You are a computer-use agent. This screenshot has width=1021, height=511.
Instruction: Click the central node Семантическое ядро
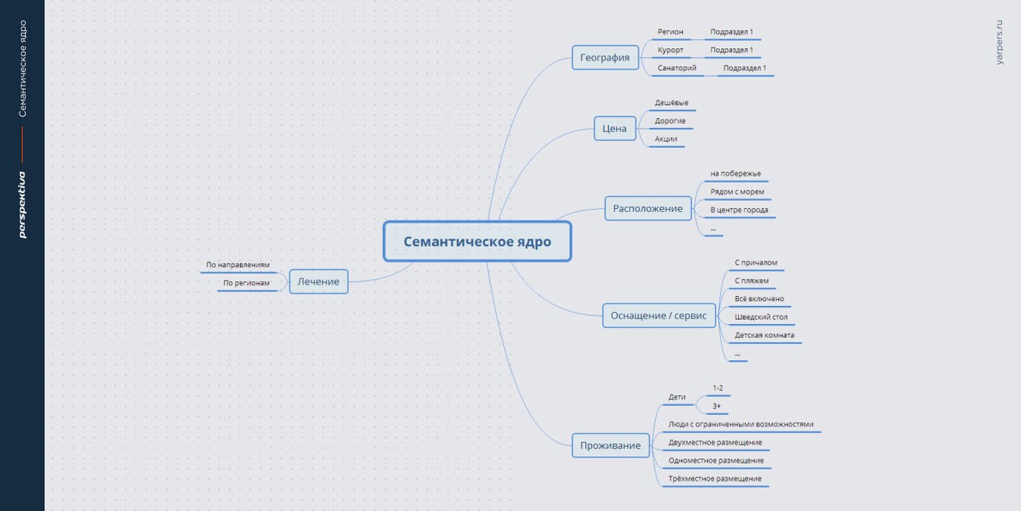point(477,242)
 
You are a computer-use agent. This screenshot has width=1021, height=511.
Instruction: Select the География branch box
point(605,57)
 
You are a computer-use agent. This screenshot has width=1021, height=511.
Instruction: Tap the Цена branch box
point(614,128)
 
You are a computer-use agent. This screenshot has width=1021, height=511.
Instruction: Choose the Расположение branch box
point(648,208)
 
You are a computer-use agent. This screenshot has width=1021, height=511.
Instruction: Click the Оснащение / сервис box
point(658,315)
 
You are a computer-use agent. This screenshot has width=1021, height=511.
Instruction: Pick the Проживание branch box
point(610,445)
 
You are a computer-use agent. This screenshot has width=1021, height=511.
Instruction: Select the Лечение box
point(318,281)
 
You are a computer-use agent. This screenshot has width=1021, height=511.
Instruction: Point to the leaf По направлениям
point(238,265)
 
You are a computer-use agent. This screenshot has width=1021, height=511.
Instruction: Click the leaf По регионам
point(246,283)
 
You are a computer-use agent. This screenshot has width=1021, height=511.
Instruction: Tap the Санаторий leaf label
point(677,68)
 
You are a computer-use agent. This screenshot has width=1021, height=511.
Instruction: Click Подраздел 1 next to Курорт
point(731,50)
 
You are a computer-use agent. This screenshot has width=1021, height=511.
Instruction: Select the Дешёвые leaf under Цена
point(671,103)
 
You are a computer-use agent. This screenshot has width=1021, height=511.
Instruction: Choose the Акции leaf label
point(666,139)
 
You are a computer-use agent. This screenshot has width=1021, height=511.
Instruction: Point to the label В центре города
point(739,210)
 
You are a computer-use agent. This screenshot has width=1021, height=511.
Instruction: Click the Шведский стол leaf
point(761,317)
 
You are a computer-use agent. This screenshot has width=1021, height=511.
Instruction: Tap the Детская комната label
point(764,335)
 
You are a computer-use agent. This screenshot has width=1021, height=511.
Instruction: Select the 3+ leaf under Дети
point(716,406)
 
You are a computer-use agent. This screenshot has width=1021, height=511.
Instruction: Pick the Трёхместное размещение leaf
point(715,479)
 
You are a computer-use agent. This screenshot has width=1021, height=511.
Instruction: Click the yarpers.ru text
point(1000,43)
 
